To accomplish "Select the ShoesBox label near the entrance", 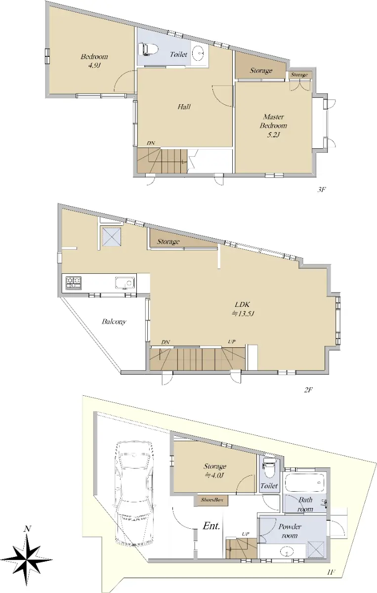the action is click(x=212, y=500).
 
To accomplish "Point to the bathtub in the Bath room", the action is click(x=305, y=481).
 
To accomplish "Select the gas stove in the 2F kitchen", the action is click(x=73, y=283).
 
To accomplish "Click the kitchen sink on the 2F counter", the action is click(x=125, y=283).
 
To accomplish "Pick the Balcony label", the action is click(x=114, y=322).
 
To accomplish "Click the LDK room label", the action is click(x=242, y=305).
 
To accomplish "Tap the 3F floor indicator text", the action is click(x=321, y=190).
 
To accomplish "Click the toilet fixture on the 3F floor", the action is click(x=148, y=49).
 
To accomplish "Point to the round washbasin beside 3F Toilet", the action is click(x=198, y=53).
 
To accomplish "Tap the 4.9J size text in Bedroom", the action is click(x=94, y=65).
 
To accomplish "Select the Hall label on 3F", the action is click(x=184, y=107).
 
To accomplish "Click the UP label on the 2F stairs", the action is click(x=232, y=341).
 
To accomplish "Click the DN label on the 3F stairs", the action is click(x=151, y=143).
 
